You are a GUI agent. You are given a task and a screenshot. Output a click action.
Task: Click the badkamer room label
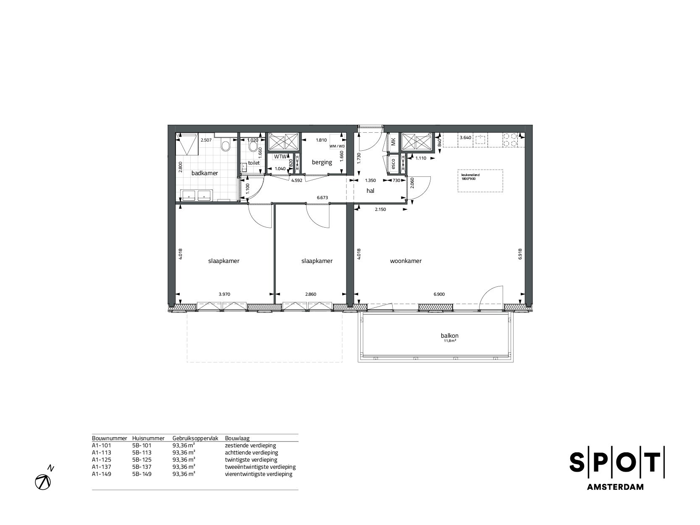click(x=205, y=173)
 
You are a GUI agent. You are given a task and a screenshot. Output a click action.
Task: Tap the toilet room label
click(x=254, y=163)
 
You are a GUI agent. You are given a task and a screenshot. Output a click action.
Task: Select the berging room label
click(x=322, y=162)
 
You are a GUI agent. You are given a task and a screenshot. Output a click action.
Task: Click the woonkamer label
click(x=406, y=261)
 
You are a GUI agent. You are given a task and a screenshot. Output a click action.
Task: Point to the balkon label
click(x=449, y=336)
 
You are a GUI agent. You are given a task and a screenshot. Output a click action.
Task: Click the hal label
click(x=370, y=191)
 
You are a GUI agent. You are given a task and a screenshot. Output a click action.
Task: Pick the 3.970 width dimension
click(x=225, y=294)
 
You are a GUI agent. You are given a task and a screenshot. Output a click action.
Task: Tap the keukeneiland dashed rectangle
click(x=480, y=181)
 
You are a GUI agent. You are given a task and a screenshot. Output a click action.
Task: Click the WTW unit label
click(x=280, y=157)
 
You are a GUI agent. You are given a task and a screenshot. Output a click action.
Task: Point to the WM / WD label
click(x=337, y=146)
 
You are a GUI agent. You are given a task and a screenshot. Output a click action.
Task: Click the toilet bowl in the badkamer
click(x=226, y=146)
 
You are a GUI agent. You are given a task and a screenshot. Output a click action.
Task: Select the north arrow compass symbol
click(x=44, y=482)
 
